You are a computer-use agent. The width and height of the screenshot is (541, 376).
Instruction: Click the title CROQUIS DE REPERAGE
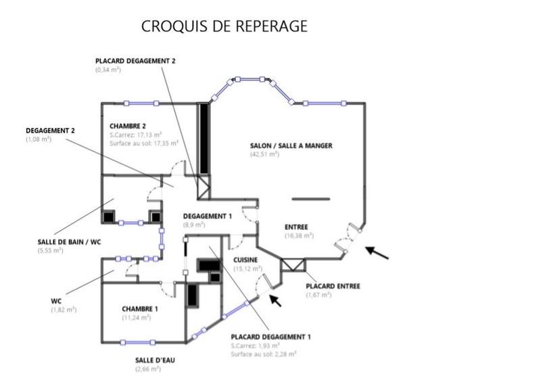tap(224, 26)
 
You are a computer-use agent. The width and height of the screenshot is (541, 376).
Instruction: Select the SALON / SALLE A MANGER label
tap(291, 145)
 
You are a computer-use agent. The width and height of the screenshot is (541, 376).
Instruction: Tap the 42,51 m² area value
tap(264, 154)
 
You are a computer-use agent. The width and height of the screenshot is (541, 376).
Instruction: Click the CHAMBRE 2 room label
tap(128, 126)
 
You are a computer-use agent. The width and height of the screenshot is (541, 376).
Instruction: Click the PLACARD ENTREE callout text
tap(333, 286)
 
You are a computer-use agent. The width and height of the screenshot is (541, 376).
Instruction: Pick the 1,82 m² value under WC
tap(64, 310)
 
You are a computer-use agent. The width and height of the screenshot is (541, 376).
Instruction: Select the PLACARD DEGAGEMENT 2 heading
tap(135, 61)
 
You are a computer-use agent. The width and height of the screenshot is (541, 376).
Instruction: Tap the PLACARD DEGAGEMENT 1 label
tap(270, 337)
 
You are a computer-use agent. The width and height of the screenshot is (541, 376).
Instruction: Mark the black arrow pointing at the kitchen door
tap(276, 300)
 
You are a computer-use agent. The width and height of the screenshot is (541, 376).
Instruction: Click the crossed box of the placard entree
tap(293, 264)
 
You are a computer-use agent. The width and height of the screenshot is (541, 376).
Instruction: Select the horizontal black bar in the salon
tap(311, 199)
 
